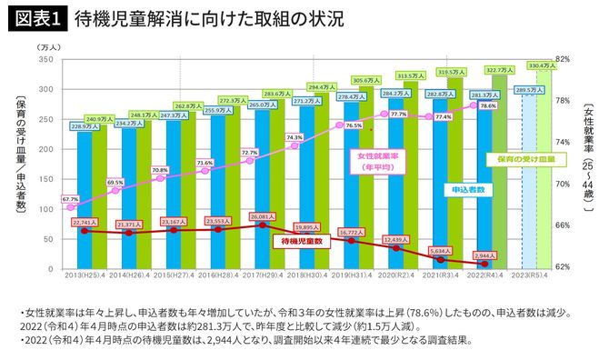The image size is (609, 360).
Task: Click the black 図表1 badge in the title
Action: coord(36,18)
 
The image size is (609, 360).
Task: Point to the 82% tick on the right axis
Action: coord(562,59)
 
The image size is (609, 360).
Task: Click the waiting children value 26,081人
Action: coord(260,216)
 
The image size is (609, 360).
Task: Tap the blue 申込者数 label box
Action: coord(467,189)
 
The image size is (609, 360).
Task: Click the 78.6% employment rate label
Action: coord(487,106)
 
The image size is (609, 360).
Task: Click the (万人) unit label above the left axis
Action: coord(48,45)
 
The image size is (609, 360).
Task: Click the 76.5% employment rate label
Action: coord(353,125)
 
